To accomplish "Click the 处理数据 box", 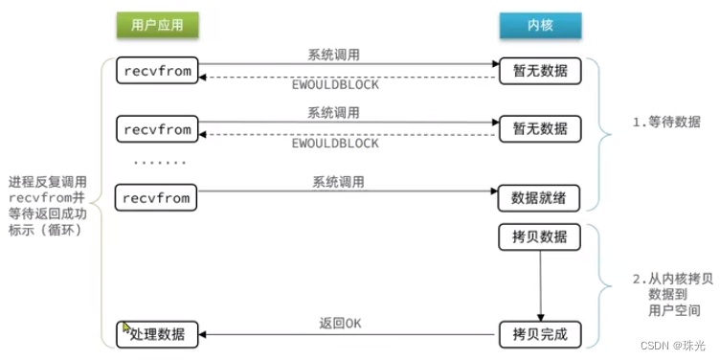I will click(x=157, y=334).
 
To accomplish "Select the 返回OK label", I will click(x=340, y=322).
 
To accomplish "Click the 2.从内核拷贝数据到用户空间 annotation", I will click(x=664, y=294).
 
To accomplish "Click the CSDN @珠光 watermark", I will click(x=673, y=343).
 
